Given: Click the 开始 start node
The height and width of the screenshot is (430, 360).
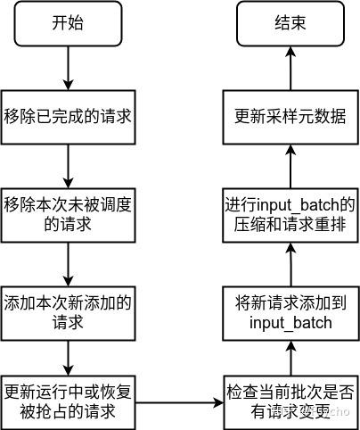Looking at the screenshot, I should [x=69, y=25].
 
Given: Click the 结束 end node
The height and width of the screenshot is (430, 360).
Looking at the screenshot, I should [x=290, y=25].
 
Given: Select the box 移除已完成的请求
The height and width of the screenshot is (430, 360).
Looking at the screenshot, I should [x=69, y=117].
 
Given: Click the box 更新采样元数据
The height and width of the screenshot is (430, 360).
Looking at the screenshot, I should [x=290, y=117].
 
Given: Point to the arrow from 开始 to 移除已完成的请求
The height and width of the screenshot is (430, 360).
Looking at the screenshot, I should [x=69, y=69].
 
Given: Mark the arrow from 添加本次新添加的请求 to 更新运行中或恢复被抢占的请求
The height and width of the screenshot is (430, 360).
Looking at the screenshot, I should [x=69, y=356].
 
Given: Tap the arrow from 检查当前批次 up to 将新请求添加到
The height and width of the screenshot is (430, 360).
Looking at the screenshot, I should [x=290, y=356].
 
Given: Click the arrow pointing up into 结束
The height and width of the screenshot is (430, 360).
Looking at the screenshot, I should [x=290, y=69].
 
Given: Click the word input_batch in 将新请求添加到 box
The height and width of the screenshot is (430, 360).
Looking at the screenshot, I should [x=290, y=321].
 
